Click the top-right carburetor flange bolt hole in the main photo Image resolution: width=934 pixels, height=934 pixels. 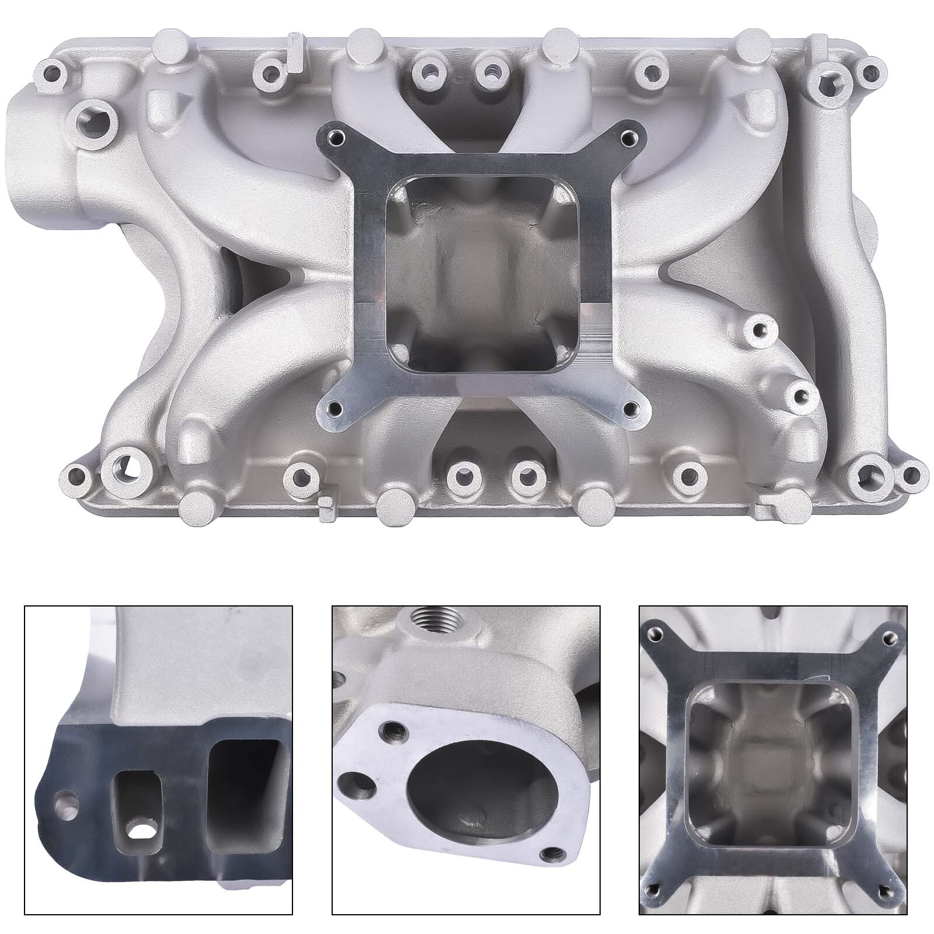pos(628,138)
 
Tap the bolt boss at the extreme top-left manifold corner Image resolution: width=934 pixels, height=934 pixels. pos(53,73)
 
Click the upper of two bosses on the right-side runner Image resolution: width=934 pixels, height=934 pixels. pos(758,329)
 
